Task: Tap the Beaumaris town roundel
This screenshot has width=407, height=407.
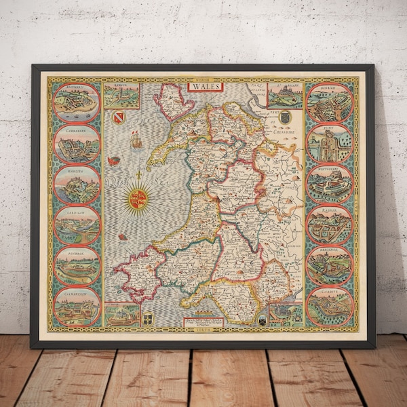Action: (77, 102)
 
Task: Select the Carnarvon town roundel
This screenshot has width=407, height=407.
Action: (77, 143)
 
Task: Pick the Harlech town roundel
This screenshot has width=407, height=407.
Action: (77, 184)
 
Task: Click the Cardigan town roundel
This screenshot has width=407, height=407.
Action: (77, 225)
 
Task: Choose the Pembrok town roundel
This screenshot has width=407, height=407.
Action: (77, 265)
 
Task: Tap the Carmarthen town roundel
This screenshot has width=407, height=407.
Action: (77, 306)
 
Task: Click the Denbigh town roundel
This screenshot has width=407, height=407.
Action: (330, 102)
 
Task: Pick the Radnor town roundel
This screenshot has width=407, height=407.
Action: (330, 225)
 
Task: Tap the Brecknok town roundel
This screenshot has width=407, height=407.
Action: (330, 265)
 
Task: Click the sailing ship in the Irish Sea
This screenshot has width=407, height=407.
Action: (136, 141)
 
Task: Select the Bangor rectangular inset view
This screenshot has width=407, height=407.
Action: (122, 96)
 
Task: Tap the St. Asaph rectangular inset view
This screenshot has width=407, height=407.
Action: (285, 96)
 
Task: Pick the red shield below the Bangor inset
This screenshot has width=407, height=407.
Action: (120, 118)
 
